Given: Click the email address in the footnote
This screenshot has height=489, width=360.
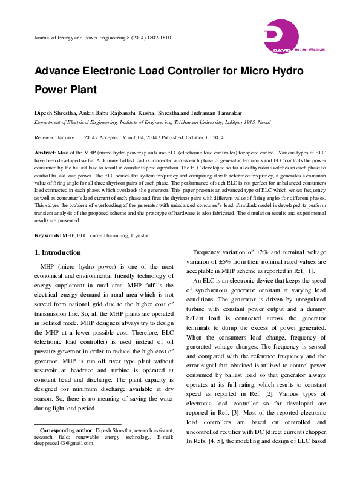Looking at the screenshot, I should click(64, 443).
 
